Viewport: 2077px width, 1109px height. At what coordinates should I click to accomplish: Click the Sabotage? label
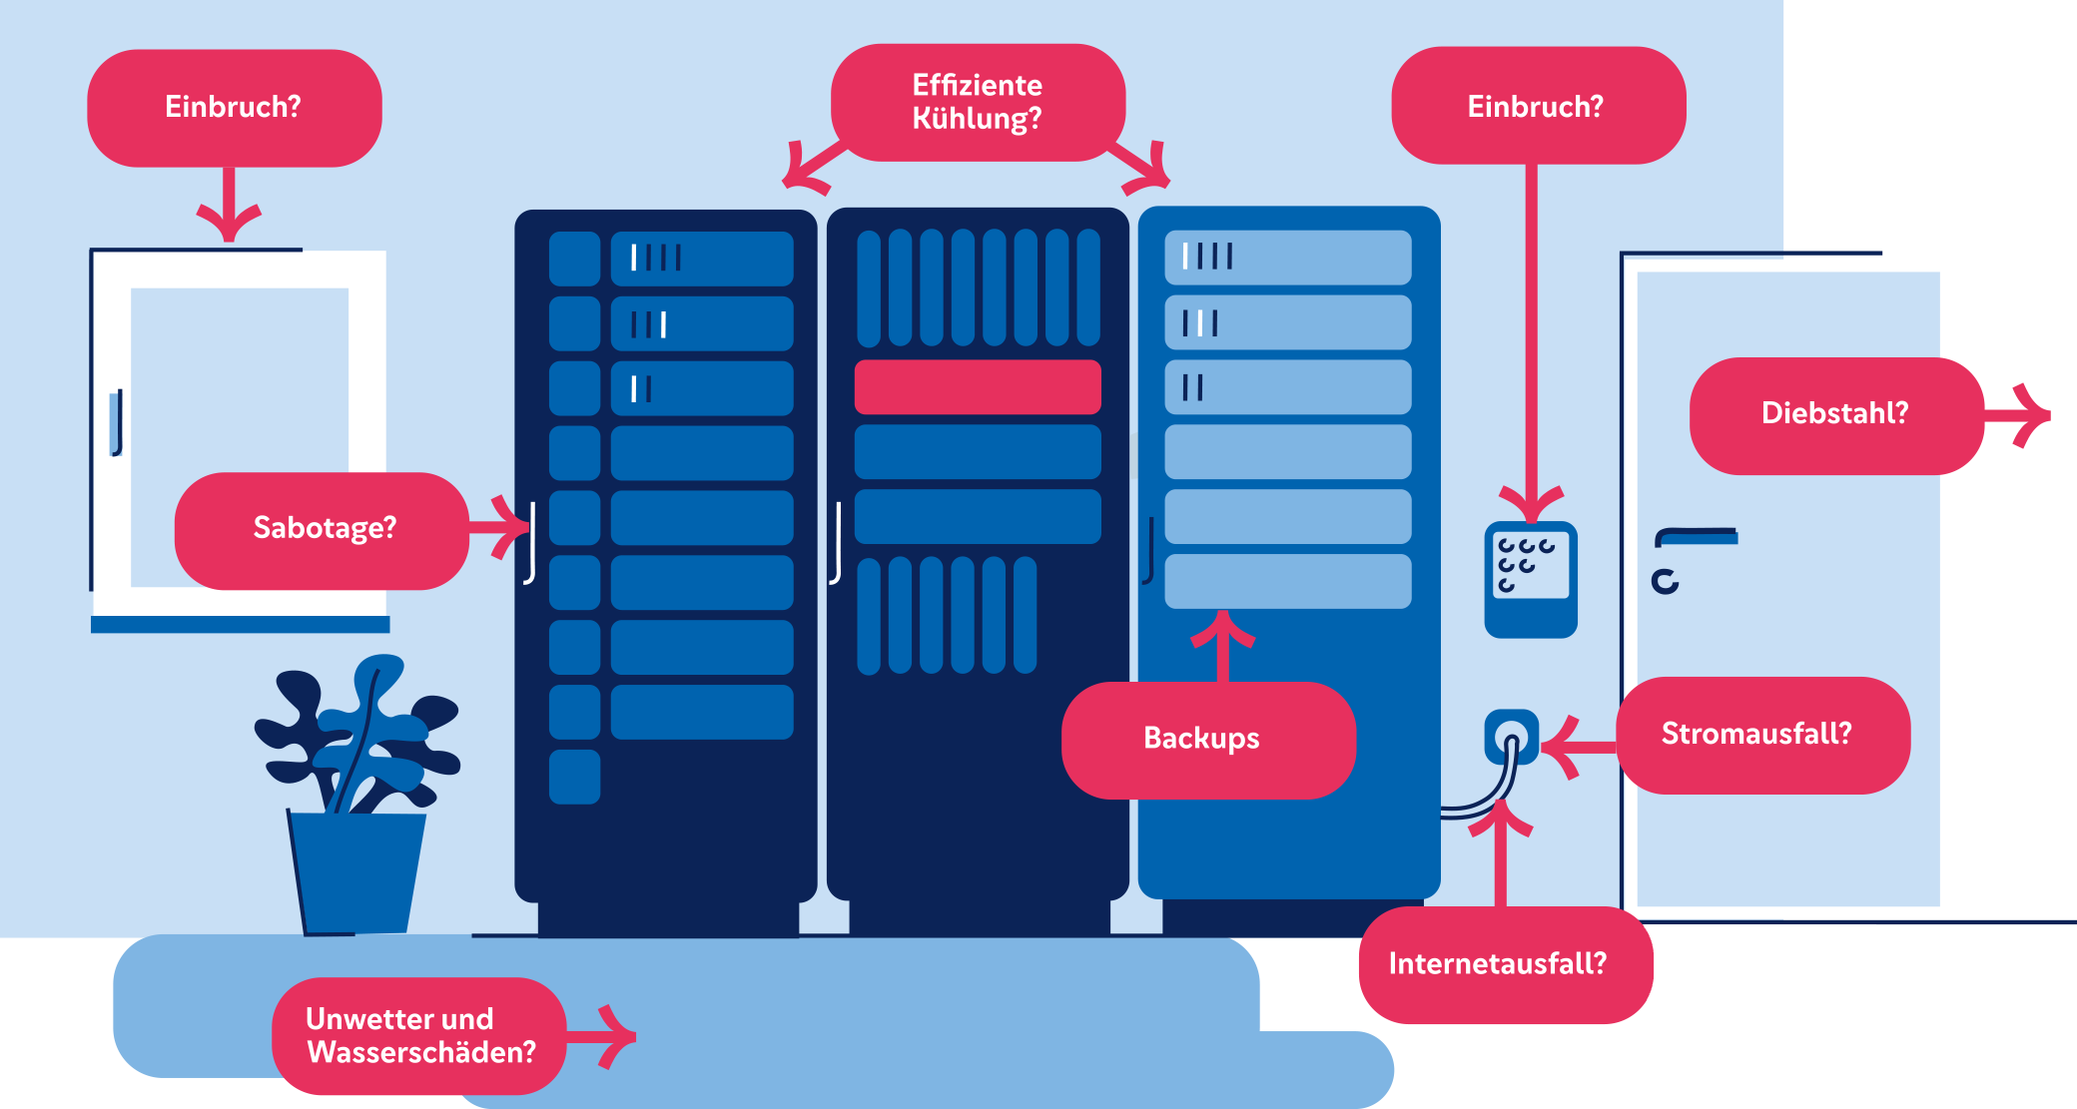pyautogui.click(x=322, y=529)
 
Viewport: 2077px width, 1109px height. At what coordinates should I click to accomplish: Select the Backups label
pyautogui.click(x=1207, y=740)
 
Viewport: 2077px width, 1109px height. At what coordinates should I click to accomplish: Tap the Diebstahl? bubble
pyautogui.click(x=1835, y=414)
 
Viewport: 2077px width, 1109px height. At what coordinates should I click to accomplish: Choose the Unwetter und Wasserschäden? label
pyautogui.click(x=419, y=1035)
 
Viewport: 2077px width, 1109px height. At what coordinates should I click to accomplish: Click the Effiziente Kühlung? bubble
pyautogui.click(x=978, y=102)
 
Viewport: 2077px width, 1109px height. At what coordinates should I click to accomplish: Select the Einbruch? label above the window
pyautogui.click(x=234, y=108)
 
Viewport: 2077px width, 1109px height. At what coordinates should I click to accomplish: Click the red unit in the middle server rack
pyautogui.click(x=978, y=387)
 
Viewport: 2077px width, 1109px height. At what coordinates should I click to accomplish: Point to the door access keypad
pyautogui.click(x=1531, y=578)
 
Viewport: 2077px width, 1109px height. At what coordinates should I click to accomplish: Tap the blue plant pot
pyautogui.click(x=357, y=872)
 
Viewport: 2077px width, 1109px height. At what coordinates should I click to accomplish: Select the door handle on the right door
pyautogui.click(x=1697, y=537)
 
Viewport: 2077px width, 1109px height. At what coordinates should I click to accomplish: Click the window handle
pyautogui.click(x=116, y=423)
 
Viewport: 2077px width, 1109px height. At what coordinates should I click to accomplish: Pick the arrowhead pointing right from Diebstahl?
pyautogui.click(x=2033, y=415)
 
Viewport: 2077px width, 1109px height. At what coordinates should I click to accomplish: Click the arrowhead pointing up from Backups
pyautogui.click(x=1222, y=629)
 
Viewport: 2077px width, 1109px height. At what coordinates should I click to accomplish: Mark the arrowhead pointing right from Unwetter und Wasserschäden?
pyautogui.click(x=619, y=1036)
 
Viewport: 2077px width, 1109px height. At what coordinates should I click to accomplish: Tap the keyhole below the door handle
pyautogui.click(x=1665, y=581)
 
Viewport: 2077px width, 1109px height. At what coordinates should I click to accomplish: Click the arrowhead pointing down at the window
pyautogui.click(x=229, y=223)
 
